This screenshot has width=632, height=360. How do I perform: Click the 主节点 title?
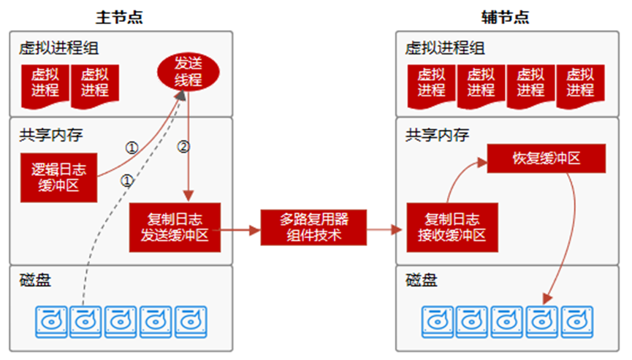click(119, 17)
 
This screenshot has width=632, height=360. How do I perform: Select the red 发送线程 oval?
click(189, 72)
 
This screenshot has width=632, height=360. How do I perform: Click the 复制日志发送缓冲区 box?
click(175, 227)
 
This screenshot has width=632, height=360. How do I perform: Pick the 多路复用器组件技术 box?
click(313, 227)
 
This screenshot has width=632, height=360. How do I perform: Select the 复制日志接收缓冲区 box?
click(452, 227)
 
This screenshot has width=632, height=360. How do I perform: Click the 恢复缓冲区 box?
click(545, 158)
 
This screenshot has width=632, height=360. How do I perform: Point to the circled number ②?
click(183, 147)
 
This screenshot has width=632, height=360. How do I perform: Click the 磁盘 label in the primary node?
click(36, 280)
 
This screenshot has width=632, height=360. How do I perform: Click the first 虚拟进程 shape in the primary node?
click(45, 82)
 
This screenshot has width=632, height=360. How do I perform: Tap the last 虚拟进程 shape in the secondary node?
click(580, 82)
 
